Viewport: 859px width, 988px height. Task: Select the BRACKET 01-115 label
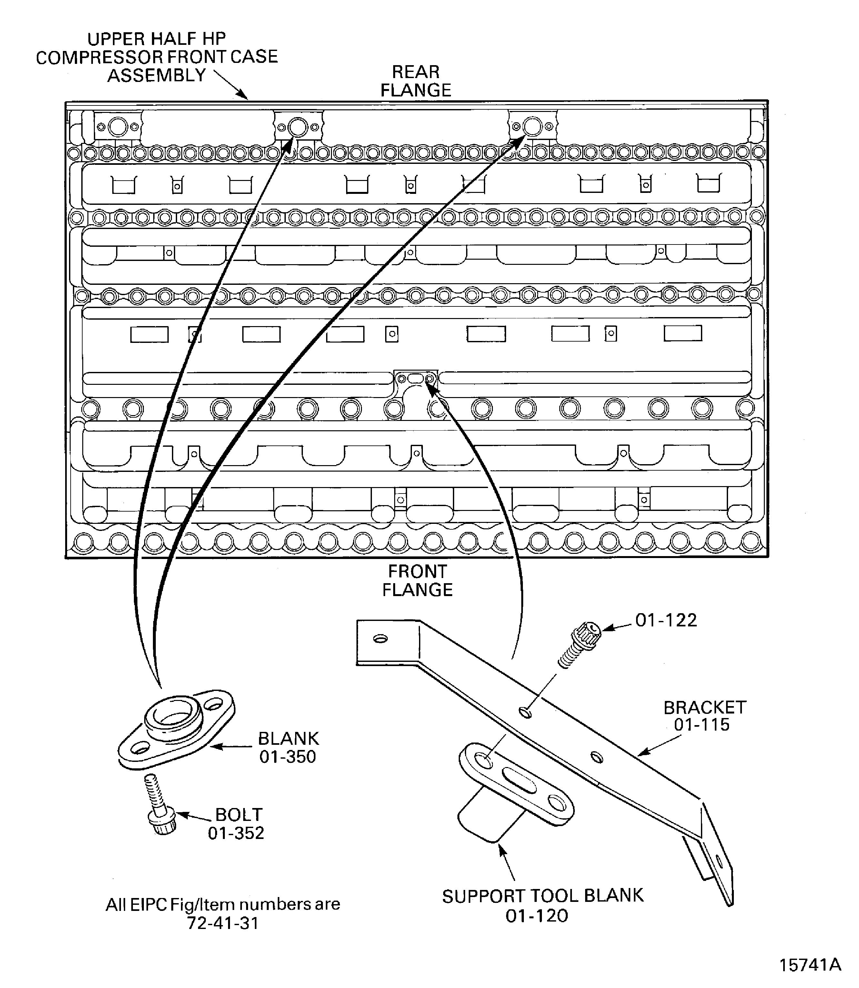tap(704, 716)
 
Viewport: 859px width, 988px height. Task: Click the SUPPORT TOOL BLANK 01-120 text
tap(542, 905)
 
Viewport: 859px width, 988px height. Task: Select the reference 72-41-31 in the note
tap(223, 923)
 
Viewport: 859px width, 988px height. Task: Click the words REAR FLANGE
tap(415, 81)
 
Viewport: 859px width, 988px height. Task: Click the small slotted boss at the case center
tap(415, 379)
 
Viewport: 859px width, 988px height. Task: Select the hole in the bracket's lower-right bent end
tap(718, 860)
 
